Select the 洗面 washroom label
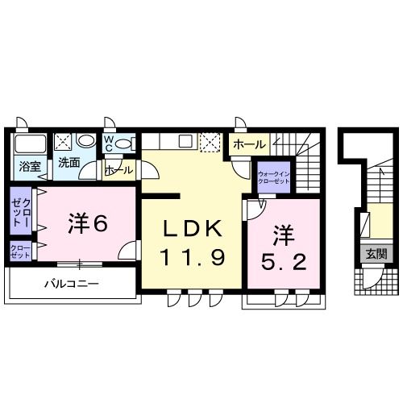coord(68,163)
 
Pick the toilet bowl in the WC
coord(123,144)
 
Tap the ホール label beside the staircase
coord(247,144)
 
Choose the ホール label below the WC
coord(118,171)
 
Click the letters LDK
coord(191,230)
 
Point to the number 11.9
coord(191,260)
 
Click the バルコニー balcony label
coord(71,285)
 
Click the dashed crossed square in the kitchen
coord(210,142)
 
